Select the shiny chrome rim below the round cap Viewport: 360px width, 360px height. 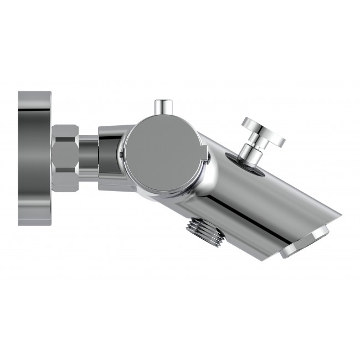click(x=166, y=195)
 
